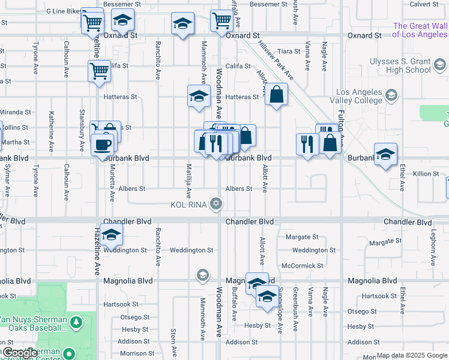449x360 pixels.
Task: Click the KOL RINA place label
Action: click(189, 205)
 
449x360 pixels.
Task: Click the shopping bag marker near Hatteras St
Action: click(276, 94)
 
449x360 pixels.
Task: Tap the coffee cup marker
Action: click(103, 145)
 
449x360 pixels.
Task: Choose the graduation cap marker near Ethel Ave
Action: click(385, 154)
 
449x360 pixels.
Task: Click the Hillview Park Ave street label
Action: click(276, 60)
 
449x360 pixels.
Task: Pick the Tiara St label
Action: click(289, 51)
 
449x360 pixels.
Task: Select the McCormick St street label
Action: click(303, 265)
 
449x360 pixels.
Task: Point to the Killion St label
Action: click(426, 173)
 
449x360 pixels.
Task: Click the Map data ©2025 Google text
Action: click(412, 355)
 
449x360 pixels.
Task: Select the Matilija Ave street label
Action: click(188, 181)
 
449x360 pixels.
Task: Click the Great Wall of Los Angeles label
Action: click(420, 30)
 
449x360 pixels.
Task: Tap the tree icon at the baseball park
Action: click(76, 323)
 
